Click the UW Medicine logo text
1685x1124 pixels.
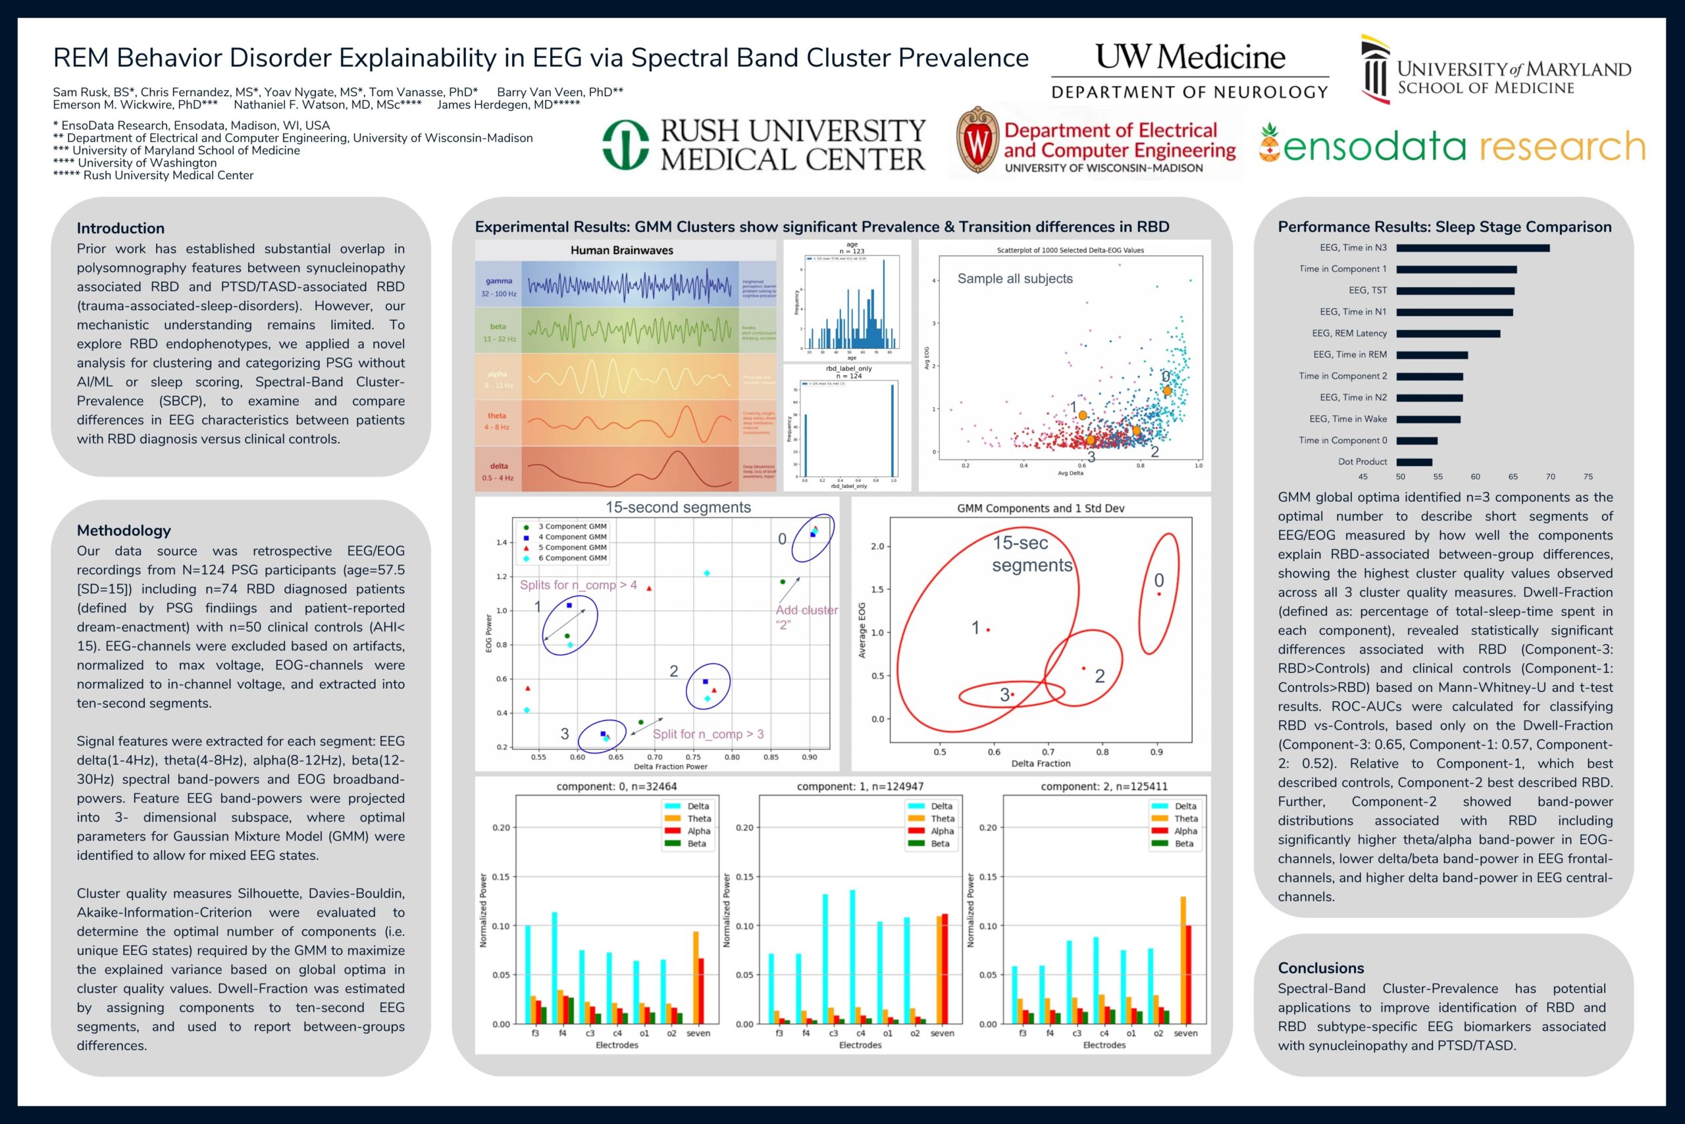pyautogui.click(x=1189, y=57)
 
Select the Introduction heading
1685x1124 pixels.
pyautogui.click(x=120, y=228)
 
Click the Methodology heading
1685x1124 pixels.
pyautogui.click(x=124, y=531)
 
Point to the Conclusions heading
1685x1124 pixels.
pyautogui.click(x=1320, y=968)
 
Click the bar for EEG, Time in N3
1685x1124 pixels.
pyautogui.click(x=1472, y=248)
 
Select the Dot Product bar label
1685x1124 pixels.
pyautogui.click(x=1362, y=462)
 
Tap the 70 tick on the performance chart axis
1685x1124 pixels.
pyautogui.click(x=1550, y=477)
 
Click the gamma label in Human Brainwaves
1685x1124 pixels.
pyautogui.click(x=499, y=281)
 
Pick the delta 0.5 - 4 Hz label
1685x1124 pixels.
pyautogui.click(x=499, y=471)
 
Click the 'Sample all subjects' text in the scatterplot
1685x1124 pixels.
pyautogui.click(x=1014, y=279)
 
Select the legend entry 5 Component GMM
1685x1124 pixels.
pyautogui.click(x=572, y=547)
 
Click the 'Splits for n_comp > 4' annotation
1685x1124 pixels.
pyautogui.click(x=577, y=585)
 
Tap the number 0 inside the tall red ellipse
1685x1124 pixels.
pyautogui.click(x=1158, y=580)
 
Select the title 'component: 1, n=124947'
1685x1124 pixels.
pyautogui.click(x=860, y=786)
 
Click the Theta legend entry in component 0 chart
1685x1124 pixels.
pyautogui.click(x=698, y=818)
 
